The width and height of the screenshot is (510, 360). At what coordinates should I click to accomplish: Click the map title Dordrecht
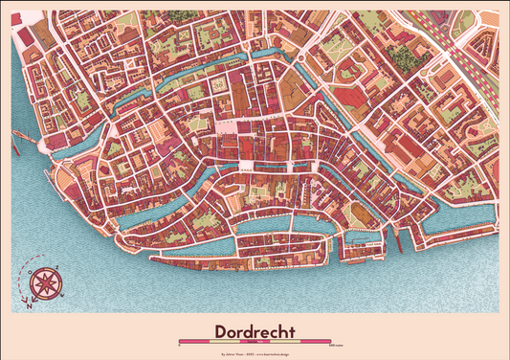pos(255,331)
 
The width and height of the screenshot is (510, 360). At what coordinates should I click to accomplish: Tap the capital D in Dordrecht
pos(221,331)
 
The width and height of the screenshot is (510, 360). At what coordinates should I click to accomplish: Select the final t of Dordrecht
pos(293,331)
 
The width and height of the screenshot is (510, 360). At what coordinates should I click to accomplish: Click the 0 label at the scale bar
pos(179,346)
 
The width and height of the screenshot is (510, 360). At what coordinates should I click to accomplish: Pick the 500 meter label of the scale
pos(331,346)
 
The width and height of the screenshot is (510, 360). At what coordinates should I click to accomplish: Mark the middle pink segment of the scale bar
pos(255,341)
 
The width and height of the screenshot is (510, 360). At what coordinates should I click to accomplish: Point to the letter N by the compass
pos(30,305)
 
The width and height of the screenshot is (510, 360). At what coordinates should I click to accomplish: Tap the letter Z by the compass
pos(57,268)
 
